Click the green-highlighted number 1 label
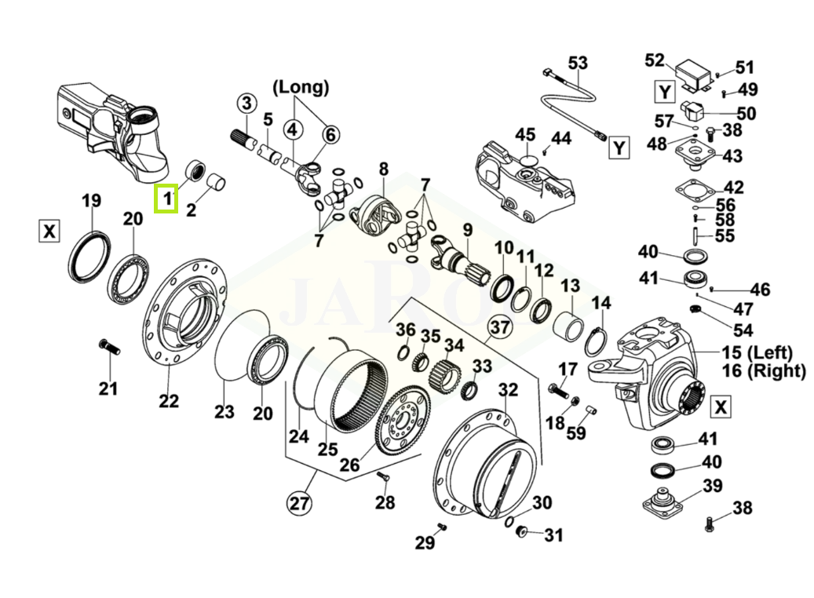tap(166, 199)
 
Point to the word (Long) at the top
tap(301, 86)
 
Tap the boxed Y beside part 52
tap(665, 92)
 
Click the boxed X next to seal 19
tap(49, 232)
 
